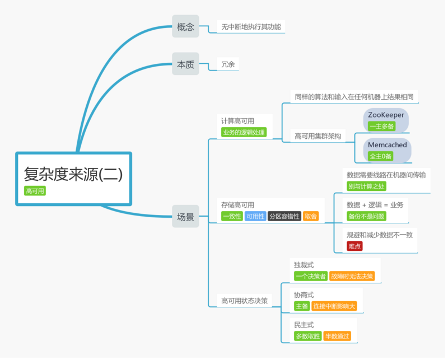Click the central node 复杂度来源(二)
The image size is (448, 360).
coord(73,174)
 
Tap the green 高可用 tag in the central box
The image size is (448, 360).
coord(35,191)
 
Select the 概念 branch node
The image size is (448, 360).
coord(185,26)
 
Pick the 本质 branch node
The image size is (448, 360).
coord(185,64)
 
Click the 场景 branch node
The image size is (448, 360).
coord(185,217)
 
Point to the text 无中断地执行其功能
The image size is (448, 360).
coord(251,26)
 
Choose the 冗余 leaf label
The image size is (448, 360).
coord(228,64)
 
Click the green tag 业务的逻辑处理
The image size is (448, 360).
coord(244,133)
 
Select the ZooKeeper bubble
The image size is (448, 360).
coord(386,115)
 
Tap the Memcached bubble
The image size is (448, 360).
coord(387,145)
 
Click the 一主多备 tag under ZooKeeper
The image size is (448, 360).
coord(381,126)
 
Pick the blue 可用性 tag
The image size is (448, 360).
coord(255,216)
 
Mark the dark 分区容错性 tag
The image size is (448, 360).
coord(284,216)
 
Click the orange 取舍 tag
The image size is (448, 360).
coord(310,216)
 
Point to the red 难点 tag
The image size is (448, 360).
coord(354,246)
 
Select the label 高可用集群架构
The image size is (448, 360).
coord(317,136)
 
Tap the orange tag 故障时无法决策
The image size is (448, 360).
coord(352,276)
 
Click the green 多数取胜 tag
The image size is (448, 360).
coord(307,336)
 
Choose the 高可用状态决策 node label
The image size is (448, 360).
coord(244,301)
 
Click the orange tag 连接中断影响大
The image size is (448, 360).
coord(334,306)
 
